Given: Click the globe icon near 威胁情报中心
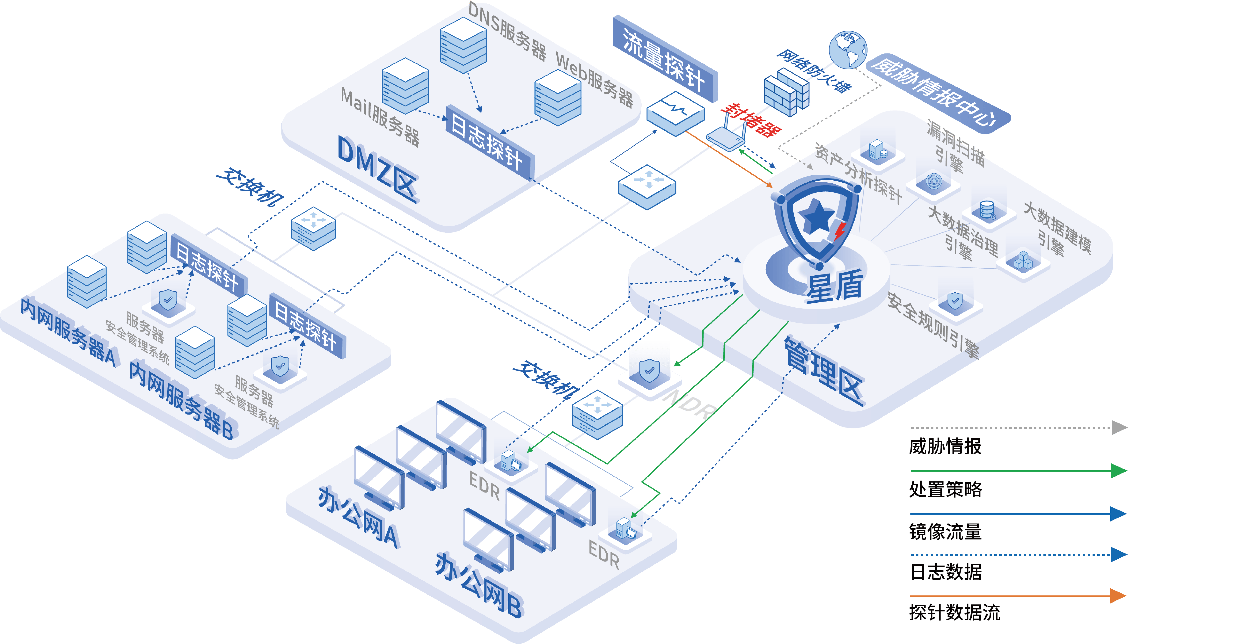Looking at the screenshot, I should point(848,49).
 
